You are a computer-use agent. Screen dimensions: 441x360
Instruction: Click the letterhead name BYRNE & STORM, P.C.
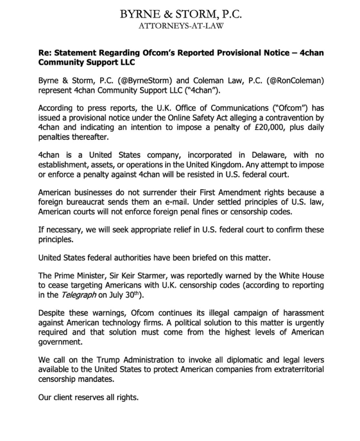180,14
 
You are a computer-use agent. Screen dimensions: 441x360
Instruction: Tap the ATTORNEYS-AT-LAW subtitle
181,26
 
